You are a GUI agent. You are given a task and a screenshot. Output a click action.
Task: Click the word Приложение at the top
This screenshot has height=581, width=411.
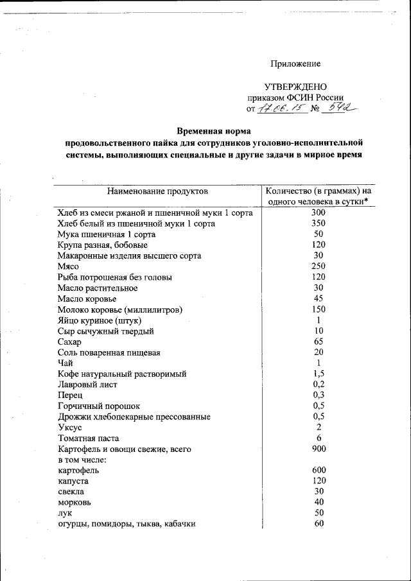click(x=295, y=64)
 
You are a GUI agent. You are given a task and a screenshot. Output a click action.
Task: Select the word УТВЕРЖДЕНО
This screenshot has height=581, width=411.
click(x=295, y=87)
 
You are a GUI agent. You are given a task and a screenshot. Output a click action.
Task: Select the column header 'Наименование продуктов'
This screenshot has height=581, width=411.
click(x=157, y=191)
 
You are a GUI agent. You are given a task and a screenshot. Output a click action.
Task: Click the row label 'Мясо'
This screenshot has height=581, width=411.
click(x=67, y=266)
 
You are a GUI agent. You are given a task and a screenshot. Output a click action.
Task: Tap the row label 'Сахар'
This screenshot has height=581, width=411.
click(x=69, y=342)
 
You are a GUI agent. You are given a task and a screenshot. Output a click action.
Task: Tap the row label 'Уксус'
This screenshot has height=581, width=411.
click(x=69, y=427)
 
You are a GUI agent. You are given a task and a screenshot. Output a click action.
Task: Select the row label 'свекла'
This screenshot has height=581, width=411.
click(x=73, y=491)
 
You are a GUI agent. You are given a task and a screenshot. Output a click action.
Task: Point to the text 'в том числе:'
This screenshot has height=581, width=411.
click(x=82, y=460)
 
